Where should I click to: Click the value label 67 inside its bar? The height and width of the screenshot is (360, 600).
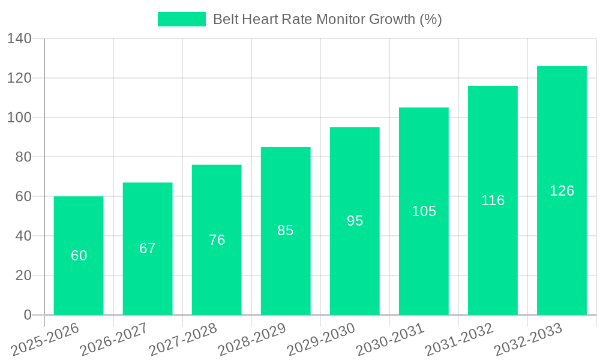[x=148, y=248]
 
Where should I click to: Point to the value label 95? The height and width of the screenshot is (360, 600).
[x=355, y=221]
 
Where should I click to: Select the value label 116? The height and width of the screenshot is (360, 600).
[x=493, y=200]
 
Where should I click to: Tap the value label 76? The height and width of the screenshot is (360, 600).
[x=217, y=240]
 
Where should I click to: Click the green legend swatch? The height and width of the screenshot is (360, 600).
[x=181, y=19]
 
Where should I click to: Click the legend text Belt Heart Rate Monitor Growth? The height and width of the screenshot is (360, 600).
[x=327, y=19]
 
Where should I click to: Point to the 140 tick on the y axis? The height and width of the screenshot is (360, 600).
[x=19, y=39]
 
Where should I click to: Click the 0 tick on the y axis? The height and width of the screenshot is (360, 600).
[x=27, y=315]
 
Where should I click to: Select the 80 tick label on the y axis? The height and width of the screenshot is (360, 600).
[x=23, y=157]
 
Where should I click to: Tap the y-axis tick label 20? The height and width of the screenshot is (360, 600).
[x=23, y=275]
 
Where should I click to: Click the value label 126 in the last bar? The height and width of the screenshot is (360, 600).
[x=562, y=191]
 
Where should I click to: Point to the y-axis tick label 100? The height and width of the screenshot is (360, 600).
[x=19, y=118]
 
